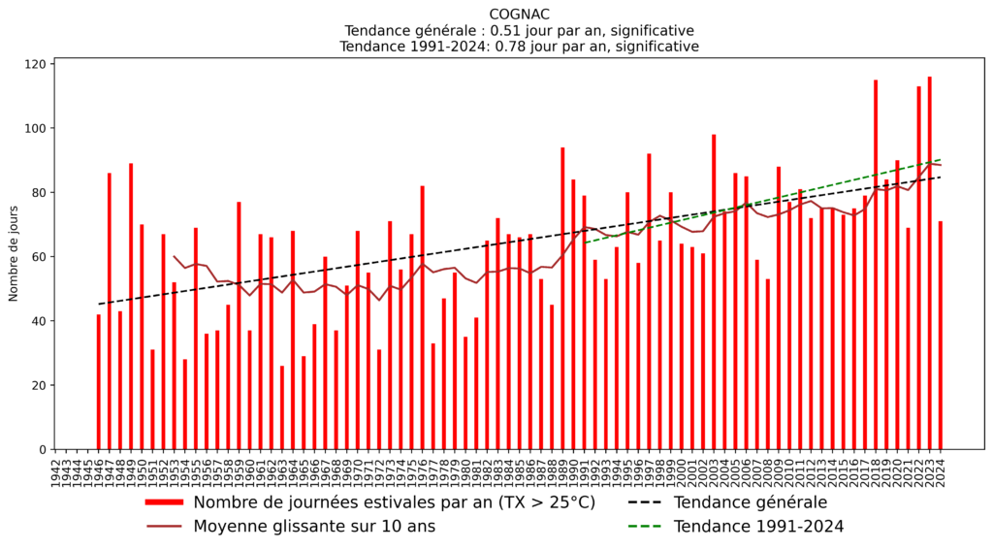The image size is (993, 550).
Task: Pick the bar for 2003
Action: point(714,292)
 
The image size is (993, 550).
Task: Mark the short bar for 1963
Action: point(282,407)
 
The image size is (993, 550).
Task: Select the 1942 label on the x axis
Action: point(55,471)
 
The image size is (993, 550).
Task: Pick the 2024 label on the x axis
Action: point(941,471)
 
